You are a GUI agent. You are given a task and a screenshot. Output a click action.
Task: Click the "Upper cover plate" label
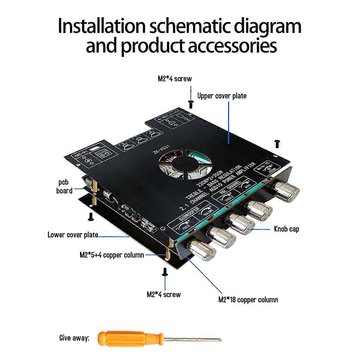(222, 96)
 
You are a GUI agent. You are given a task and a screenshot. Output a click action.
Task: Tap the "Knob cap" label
(286, 229)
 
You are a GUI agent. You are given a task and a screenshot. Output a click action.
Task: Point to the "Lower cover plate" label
(73, 235)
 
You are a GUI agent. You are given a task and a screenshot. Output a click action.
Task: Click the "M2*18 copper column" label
(248, 300)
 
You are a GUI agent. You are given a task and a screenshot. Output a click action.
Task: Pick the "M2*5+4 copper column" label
(112, 255)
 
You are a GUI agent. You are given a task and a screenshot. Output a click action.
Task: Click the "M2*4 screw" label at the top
(175, 79)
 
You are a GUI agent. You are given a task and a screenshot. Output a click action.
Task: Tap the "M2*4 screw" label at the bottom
(163, 295)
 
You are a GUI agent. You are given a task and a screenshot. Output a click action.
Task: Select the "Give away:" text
(74, 338)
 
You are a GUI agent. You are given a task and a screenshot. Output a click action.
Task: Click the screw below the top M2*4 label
(190, 104)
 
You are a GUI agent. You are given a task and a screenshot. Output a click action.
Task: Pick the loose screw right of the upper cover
(277, 144)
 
